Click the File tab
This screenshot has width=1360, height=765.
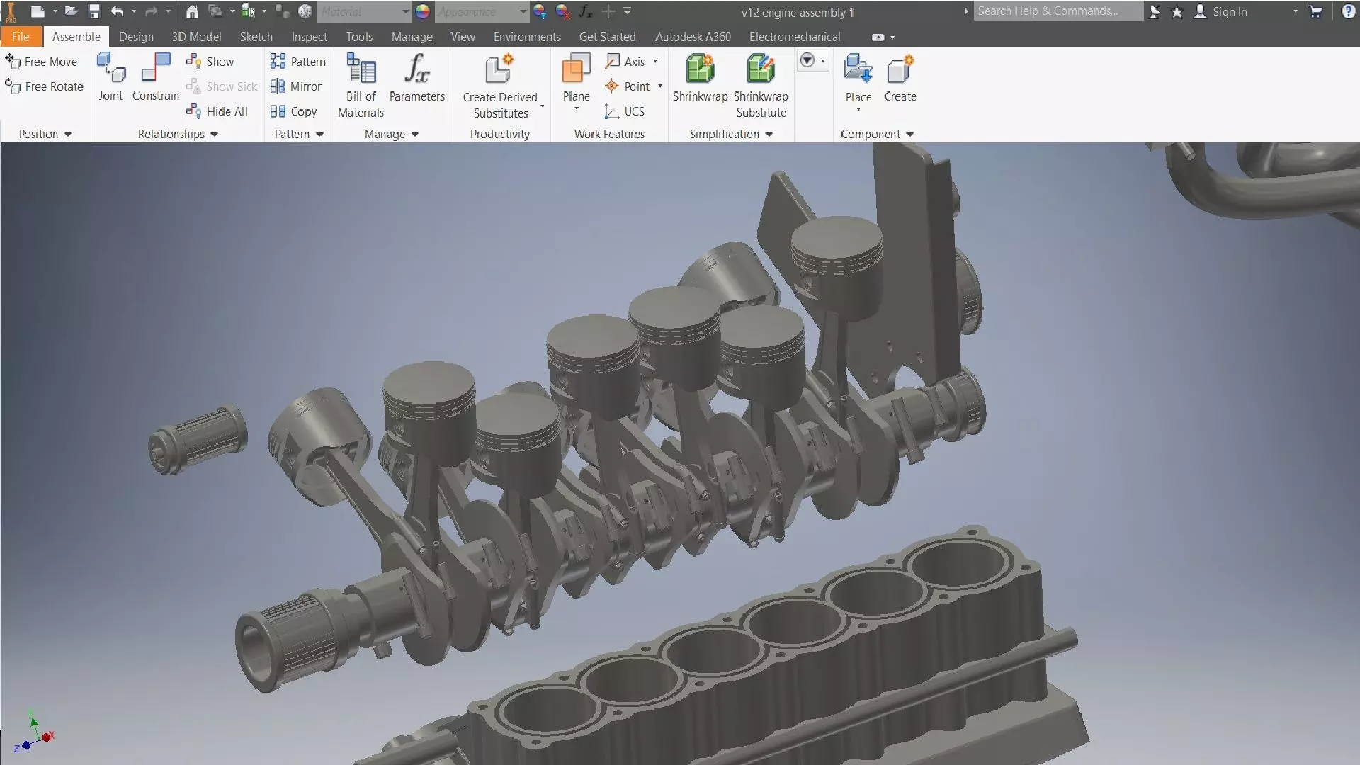(x=21, y=37)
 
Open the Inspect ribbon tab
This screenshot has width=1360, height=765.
(x=309, y=37)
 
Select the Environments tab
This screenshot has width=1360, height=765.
(x=526, y=37)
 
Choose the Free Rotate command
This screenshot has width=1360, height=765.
(x=45, y=86)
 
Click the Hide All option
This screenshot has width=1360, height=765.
(x=218, y=111)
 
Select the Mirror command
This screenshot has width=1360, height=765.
(x=297, y=86)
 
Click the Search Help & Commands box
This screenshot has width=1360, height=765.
(x=1057, y=11)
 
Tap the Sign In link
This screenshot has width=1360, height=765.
(x=1229, y=12)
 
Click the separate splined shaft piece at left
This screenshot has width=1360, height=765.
(x=198, y=439)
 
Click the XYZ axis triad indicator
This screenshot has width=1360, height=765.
(x=34, y=731)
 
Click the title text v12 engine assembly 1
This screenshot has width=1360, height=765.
(x=798, y=13)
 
